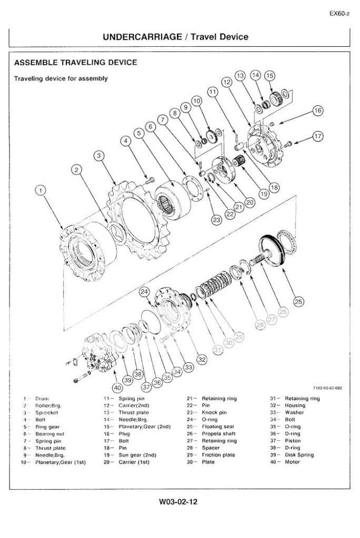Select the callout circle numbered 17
(x=317, y=136)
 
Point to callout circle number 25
(x=298, y=301)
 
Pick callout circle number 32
(x=202, y=359)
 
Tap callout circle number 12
(x=227, y=83)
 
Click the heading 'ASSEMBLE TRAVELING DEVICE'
(x=76, y=63)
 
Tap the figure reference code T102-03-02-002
(x=327, y=388)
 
